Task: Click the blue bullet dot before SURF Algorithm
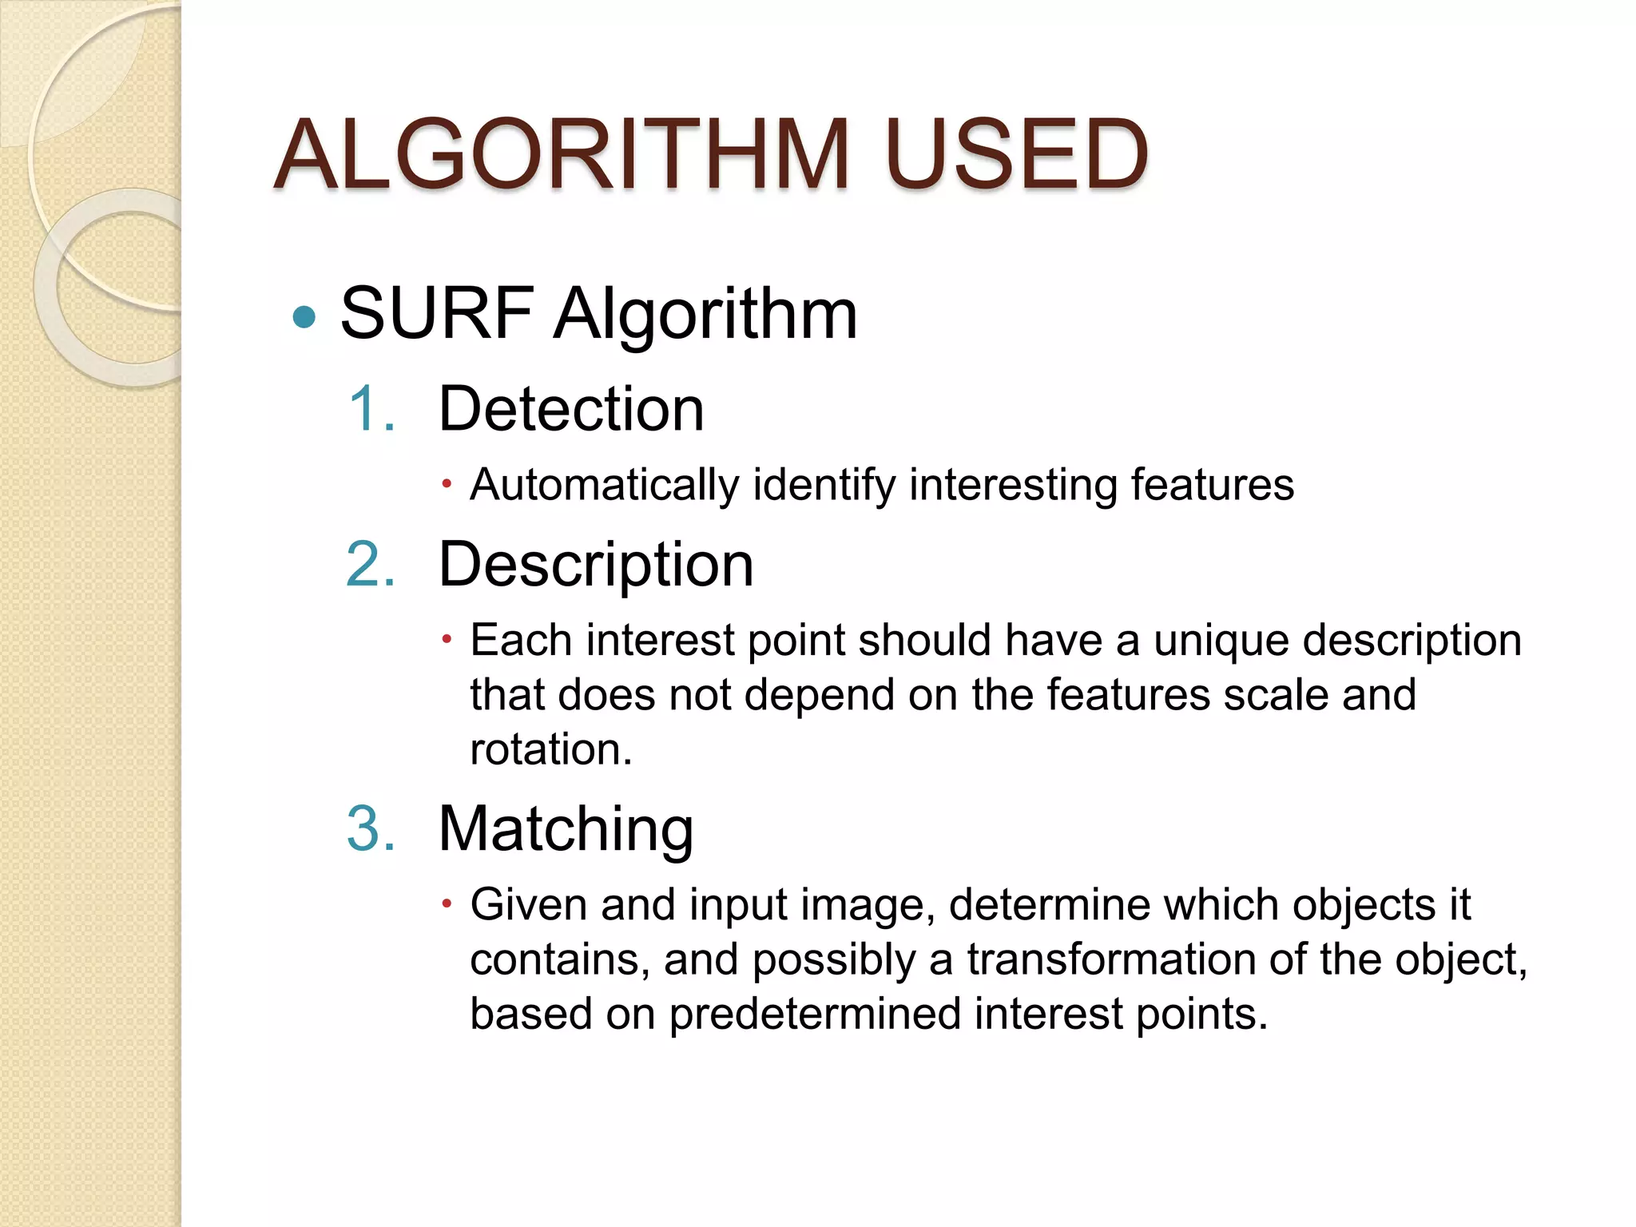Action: pyautogui.click(x=304, y=318)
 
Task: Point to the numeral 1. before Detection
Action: pyautogui.click(x=371, y=409)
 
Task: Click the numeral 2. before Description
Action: pyautogui.click(x=371, y=564)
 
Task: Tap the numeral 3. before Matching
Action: pyautogui.click(x=371, y=828)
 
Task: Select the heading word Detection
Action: pyautogui.click(x=571, y=409)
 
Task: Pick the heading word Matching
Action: pyautogui.click(x=566, y=830)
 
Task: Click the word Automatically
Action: pyautogui.click(x=605, y=485)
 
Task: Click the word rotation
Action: pyautogui.click(x=550, y=750)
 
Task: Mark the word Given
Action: pyautogui.click(x=528, y=905)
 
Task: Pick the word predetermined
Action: pyautogui.click(x=814, y=1015)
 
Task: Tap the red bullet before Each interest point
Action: pyautogui.click(x=447, y=639)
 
